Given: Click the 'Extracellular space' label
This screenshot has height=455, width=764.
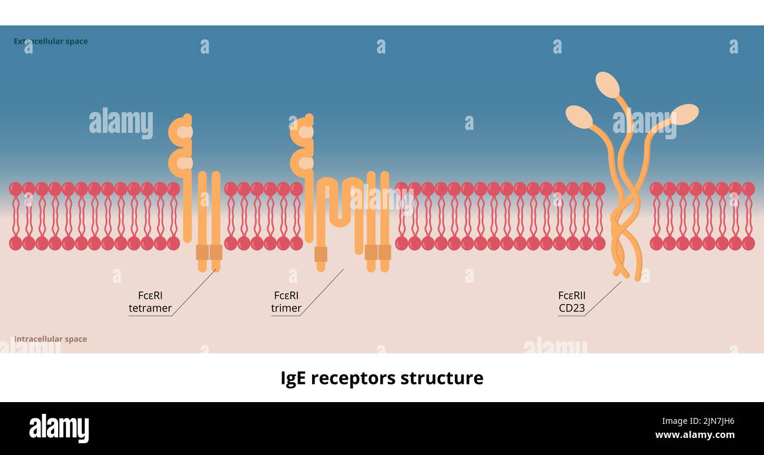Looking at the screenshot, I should click(51, 41).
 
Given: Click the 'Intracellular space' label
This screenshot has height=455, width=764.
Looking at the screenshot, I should click(51, 339).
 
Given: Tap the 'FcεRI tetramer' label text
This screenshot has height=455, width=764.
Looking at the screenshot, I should click(150, 302).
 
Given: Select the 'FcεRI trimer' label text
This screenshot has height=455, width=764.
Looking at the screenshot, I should click(286, 302).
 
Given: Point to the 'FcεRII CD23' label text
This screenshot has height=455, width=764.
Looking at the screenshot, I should click(572, 302).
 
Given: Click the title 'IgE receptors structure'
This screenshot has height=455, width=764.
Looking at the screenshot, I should click(382, 378).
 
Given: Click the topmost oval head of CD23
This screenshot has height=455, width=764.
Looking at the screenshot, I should click(607, 85).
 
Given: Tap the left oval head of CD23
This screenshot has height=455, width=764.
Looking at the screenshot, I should click(579, 117).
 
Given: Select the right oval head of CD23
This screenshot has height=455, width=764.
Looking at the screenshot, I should click(684, 114).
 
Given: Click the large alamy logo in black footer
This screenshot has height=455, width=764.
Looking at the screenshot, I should click(59, 428).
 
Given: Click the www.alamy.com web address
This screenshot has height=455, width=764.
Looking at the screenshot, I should click(695, 436).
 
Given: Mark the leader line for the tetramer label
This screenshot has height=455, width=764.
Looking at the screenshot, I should click(194, 293).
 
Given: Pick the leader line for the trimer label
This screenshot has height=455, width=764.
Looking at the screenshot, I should click(322, 292).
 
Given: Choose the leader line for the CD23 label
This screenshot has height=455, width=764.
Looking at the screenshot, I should click(603, 299).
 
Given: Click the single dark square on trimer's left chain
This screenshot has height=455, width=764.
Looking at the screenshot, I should click(321, 254).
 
